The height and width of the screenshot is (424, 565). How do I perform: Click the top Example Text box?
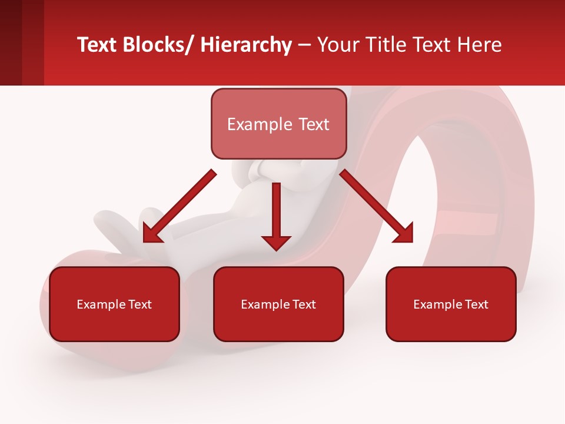coord(278,124)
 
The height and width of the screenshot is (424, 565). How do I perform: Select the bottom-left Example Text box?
coord(114,304)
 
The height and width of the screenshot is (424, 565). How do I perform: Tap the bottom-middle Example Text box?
coord(278,304)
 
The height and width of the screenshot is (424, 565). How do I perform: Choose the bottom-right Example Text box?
coord(451,304)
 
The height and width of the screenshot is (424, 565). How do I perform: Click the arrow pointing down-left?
coord(180,206)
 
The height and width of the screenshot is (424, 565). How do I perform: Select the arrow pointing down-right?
coord(377,206)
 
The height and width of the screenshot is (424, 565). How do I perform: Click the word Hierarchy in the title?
coord(246,45)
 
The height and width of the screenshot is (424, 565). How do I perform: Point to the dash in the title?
coord(304,46)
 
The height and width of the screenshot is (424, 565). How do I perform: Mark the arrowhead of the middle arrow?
coord(276,242)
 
